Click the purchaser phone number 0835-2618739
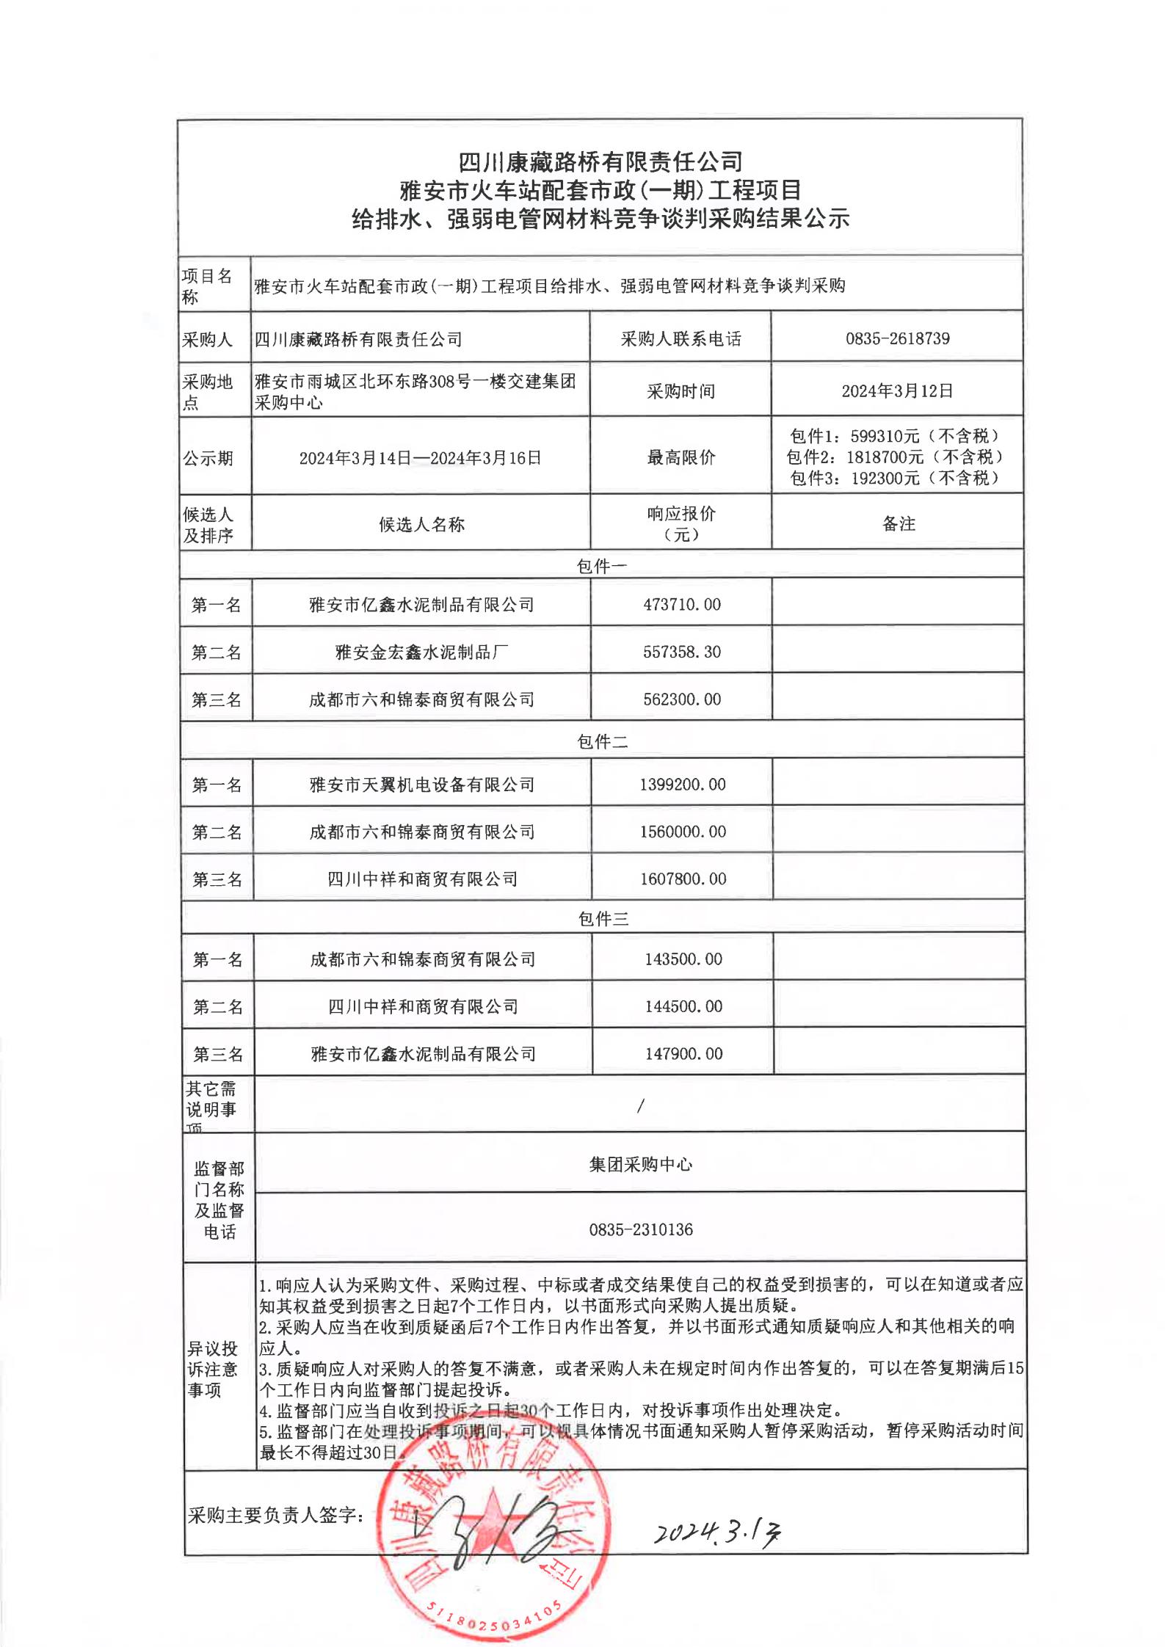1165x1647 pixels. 897,338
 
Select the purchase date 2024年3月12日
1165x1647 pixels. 897,391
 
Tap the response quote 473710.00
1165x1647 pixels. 682,605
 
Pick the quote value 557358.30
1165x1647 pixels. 682,652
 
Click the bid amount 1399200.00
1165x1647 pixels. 682,785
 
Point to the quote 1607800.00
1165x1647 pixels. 683,879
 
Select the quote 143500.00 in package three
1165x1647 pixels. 683,959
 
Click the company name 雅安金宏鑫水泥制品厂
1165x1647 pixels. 421,652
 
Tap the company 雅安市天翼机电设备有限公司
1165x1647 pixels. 421,785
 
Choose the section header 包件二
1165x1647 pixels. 602,742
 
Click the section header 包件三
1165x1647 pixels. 603,919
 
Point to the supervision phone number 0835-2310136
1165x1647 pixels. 640,1229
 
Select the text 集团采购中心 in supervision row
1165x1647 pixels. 640,1165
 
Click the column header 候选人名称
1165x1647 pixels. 421,524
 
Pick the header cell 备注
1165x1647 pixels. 898,523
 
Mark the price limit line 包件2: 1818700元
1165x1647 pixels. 894,457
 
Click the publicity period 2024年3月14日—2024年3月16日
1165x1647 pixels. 420,459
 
